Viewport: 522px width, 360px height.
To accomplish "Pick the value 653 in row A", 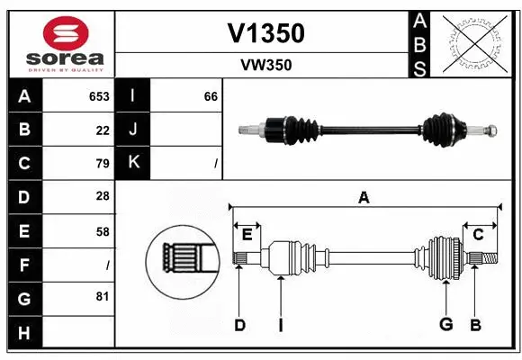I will click(99, 96).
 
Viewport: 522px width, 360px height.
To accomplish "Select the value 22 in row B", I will click(103, 130).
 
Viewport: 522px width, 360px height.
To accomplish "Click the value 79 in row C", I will click(103, 164).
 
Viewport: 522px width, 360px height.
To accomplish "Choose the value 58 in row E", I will click(103, 231).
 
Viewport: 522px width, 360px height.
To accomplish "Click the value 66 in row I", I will click(211, 96).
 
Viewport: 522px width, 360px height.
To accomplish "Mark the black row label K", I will click(133, 163).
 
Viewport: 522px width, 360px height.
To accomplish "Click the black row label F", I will click(24, 265).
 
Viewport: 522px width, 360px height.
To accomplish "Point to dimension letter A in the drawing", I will click(364, 198).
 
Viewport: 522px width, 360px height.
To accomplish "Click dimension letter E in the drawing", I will click(247, 234).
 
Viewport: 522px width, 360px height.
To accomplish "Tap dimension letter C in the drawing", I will click(478, 234).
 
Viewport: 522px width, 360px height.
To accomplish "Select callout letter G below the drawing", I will click(445, 324).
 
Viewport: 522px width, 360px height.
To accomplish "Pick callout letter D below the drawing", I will click(239, 325).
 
